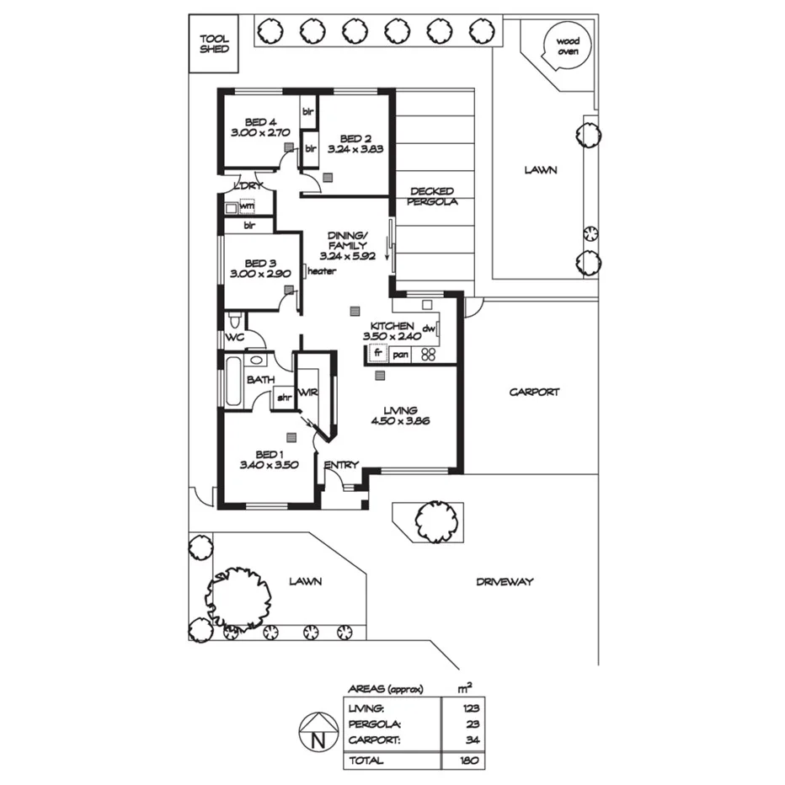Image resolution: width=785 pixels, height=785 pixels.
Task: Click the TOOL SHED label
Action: click(x=214, y=43)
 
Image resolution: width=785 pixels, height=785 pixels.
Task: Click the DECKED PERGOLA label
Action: click(x=432, y=197)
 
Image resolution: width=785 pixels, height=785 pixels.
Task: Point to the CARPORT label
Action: click(x=534, y=392)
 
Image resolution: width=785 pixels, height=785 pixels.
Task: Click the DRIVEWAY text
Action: click(x=505, y=582)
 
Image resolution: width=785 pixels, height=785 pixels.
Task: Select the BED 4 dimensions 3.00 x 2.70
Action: click(x=259, y=132)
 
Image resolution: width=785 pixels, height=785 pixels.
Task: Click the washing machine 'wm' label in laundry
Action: click(x=247, y=205)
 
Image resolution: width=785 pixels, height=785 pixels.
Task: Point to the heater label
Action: click(x=322, y=271)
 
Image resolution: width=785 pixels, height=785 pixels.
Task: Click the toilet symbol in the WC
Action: click(x=234, y=319)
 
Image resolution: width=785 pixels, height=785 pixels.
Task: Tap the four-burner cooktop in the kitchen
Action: click(x=428, y=355)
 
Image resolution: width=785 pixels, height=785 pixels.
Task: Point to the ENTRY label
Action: click(x=341, y=465)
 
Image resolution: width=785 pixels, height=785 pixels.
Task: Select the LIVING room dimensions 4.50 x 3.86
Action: click(x=402, y=421)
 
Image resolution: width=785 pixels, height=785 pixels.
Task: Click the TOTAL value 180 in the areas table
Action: click(x=469, y=761)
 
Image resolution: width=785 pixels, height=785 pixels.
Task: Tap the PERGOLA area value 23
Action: click(x=471, y=724)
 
